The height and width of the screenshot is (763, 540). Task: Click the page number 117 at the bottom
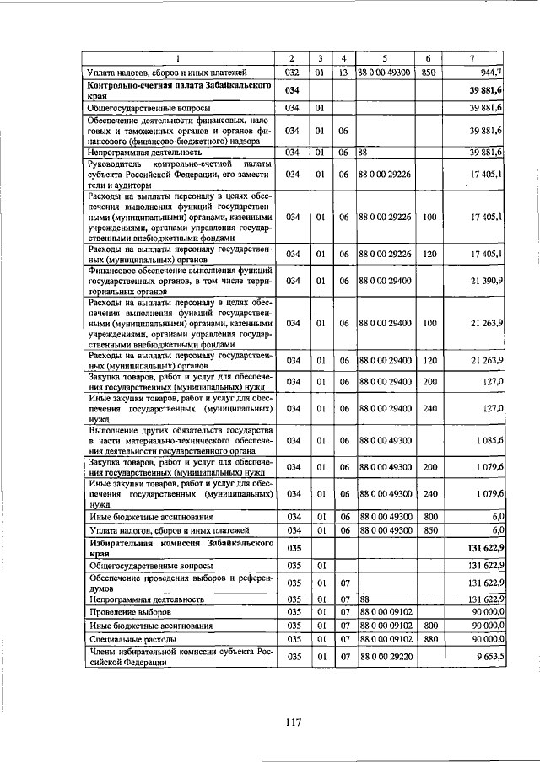pyautogui.click(x=293, y=721)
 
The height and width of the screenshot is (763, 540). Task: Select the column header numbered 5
pyautogui.click(x=384, y=58)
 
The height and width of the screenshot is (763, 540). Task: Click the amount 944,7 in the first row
pyautogui.click(x=489, y=73)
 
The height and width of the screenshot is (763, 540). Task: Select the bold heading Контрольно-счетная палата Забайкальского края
pyautogui.click(x=177, y=90)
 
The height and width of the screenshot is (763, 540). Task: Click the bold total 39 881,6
pyautogui.click(x=485, y=90)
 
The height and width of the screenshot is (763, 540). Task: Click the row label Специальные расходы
pyautogui.click(x=131, y=640)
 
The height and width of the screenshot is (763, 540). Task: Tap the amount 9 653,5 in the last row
pyautogui.click(x=488, y=656)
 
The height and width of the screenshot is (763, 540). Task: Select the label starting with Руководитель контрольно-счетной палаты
pyautogui.click(x=177, y=174)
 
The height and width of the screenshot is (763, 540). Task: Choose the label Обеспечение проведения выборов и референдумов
pyautogui.click(x=177, y=583)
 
